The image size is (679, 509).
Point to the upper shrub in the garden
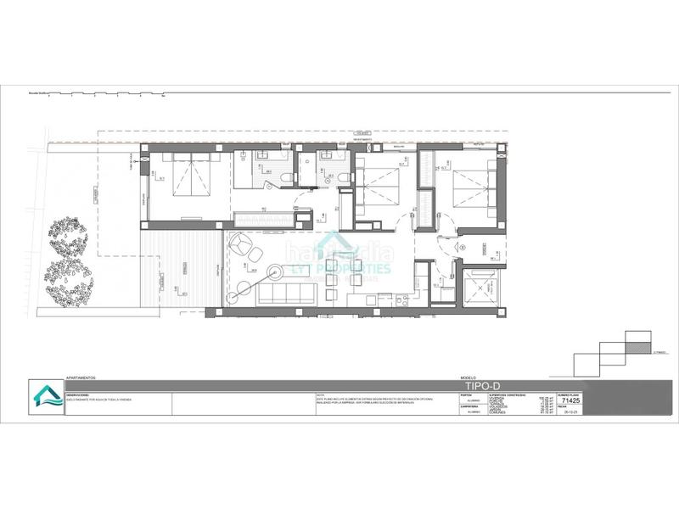click(67, 236)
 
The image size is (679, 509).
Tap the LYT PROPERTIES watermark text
click(347, 268)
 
